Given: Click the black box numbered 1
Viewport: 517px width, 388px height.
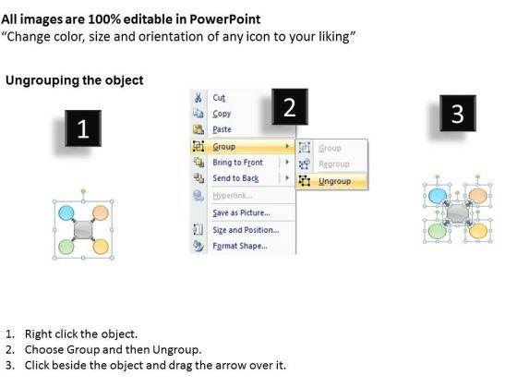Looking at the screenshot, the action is point(83,128).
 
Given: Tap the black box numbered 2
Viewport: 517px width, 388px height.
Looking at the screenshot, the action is point(290,106).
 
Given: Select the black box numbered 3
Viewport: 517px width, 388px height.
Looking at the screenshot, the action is point(458,113).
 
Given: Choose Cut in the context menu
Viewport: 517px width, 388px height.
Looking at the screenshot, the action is point(219,98).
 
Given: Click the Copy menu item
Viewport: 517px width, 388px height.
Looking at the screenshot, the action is point(222,114).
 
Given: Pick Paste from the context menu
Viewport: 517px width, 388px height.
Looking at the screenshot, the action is point(222,129).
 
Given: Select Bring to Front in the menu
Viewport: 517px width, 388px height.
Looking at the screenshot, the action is point(238,163).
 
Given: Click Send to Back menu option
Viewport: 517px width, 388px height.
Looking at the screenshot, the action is point(235,178).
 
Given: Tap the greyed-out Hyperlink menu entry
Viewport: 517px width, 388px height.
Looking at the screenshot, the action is point(233,196).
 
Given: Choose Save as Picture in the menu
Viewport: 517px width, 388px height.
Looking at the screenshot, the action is point(241,212).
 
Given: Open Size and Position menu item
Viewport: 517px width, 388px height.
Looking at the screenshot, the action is point(246,230).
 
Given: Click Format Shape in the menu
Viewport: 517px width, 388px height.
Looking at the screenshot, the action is point(240,246).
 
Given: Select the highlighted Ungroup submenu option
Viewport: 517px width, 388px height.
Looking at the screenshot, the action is point(334,181).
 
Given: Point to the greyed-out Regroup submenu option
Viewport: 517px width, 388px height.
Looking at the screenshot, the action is point(334,164).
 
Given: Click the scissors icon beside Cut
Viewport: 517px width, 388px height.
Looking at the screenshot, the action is point(198,97).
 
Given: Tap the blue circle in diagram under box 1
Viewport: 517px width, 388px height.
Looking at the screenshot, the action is point(66,212).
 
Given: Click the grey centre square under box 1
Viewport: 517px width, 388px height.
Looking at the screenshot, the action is point(83,230).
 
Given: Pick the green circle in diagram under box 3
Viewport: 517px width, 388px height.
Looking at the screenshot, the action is point(438,231).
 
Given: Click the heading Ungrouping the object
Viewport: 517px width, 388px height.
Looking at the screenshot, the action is point(75,80).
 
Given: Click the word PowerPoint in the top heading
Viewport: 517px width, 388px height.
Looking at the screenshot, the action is point(225,19).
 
